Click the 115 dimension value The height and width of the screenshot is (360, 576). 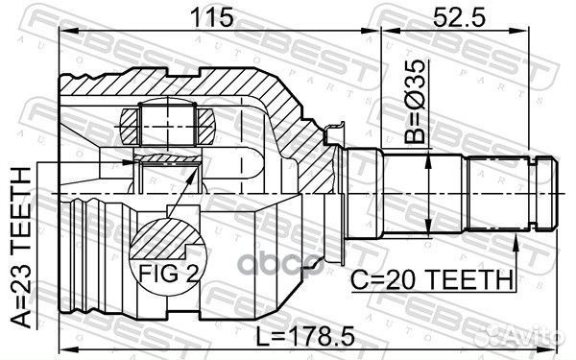(213, 17)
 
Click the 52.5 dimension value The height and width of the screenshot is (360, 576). (460, 17)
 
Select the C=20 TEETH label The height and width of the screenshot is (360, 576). (431, 280)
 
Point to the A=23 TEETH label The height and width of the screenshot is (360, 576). (21, 248)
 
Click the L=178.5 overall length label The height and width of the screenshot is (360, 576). (305, 336)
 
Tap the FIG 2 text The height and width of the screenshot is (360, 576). (169, 273)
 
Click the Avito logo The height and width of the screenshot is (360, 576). (526, 334)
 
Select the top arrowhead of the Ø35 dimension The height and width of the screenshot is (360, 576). (428, 161)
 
